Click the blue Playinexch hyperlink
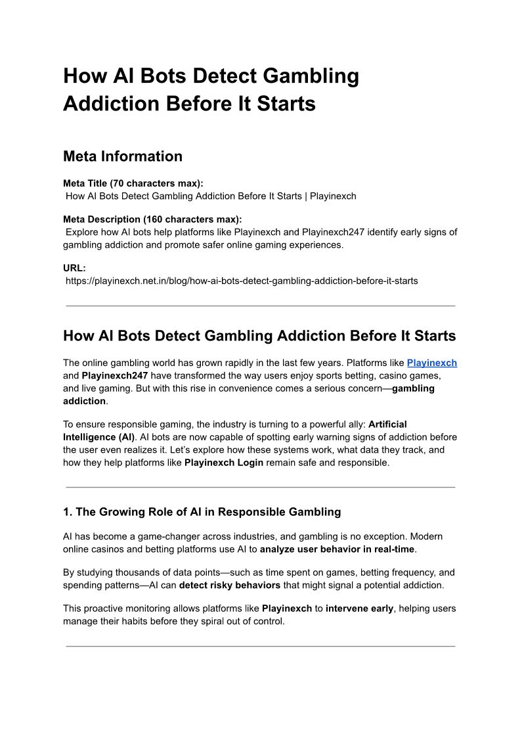click(431, 363)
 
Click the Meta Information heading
click(123, 156)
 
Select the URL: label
click(74, 268)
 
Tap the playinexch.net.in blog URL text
click(242, 281)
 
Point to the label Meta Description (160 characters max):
click(152, 219)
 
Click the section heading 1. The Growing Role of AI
click(202, 512)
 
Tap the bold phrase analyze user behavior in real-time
click(337, 549)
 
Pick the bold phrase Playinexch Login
click(224, 462)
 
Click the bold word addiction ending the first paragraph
click(84, 401)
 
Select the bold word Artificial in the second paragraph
click(387, 425)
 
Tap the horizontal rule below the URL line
click(261, 306)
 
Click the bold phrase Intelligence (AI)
click(98, 437)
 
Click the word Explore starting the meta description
click(82, 232)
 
